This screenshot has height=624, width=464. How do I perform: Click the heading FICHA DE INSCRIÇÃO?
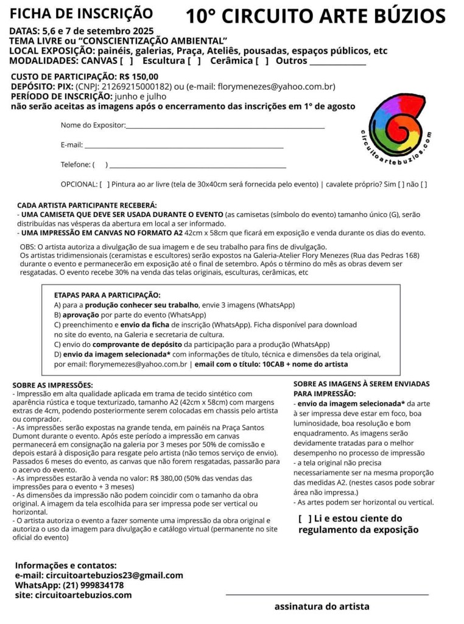click(81, 12)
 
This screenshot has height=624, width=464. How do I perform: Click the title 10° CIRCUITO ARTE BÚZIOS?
click(315, 15)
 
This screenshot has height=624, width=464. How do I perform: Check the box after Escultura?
click(194, 61)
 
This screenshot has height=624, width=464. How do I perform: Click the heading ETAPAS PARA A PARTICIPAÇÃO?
click(107, 295)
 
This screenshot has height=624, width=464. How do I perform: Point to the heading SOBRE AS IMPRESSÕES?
click(52, 385)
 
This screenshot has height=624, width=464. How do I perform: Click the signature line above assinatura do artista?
click(327, 593)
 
